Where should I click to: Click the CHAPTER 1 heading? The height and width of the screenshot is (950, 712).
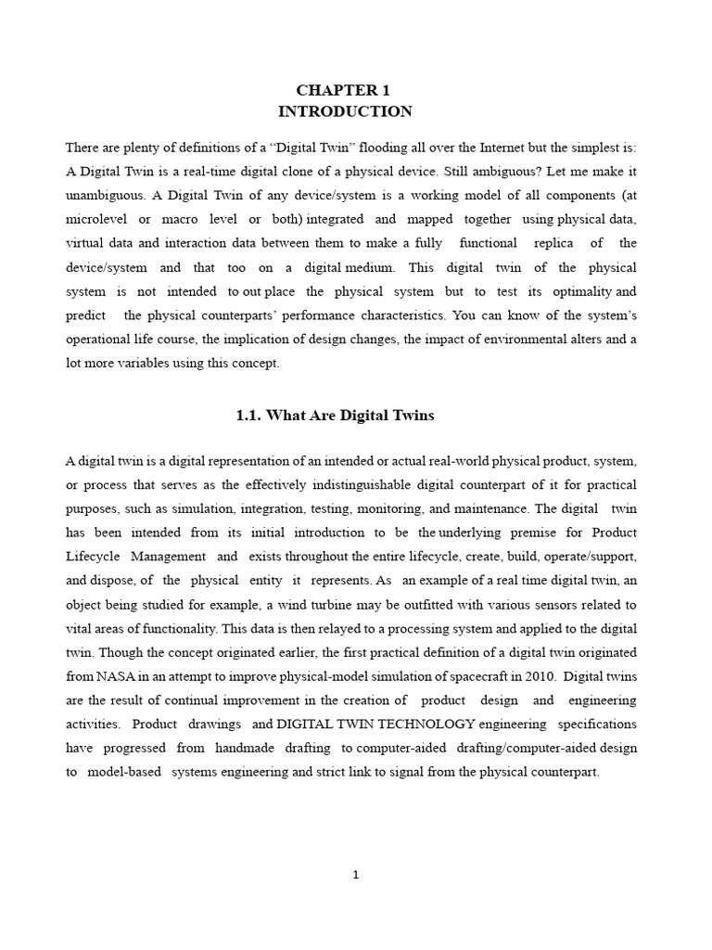[x=344, y=90]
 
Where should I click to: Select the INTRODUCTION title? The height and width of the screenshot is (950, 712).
[x=344, y=111]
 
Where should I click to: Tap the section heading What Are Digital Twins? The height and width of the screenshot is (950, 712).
[x=335, y=416]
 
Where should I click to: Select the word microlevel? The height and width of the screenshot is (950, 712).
[x=95, y=221]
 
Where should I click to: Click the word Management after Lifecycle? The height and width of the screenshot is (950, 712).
[x=168, y=557]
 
